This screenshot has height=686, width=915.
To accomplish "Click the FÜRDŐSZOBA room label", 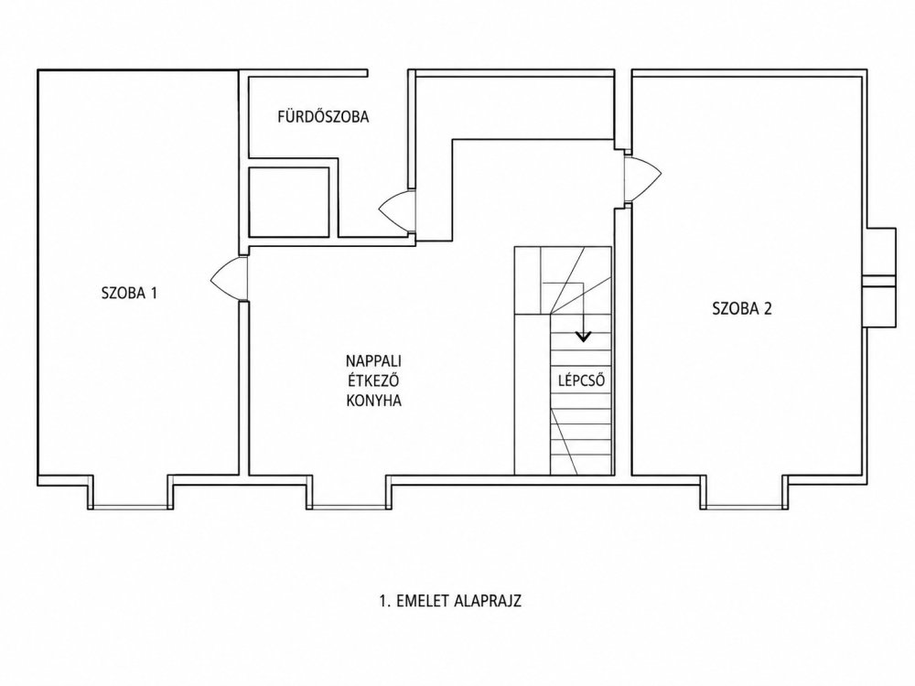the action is point(323,116).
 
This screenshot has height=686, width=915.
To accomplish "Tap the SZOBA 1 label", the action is point(130,293).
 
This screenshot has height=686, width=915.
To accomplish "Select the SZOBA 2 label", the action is point(742,308).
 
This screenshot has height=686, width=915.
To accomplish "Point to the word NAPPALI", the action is point(373,360).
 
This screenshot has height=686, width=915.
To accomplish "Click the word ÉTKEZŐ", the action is point(373,381).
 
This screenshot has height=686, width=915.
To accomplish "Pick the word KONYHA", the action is point(373,401).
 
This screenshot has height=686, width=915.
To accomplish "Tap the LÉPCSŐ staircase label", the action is point(581,381).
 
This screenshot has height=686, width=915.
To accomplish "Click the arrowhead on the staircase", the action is point(583,336).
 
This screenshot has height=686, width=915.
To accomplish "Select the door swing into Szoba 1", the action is point(229,280).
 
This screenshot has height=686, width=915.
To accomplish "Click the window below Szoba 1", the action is point(131,507).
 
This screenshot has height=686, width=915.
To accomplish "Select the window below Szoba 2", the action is point(743,507).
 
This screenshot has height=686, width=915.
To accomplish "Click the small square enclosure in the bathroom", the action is point(289,202).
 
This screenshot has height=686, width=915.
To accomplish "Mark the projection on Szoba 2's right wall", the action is point(879,277).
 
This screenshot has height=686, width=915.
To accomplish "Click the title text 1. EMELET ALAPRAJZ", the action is point(450,601).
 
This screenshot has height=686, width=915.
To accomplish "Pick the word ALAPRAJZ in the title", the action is point(488,601).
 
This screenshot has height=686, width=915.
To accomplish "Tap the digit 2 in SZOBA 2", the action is point(767,308).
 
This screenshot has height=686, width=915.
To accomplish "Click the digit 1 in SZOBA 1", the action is point(154,293).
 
